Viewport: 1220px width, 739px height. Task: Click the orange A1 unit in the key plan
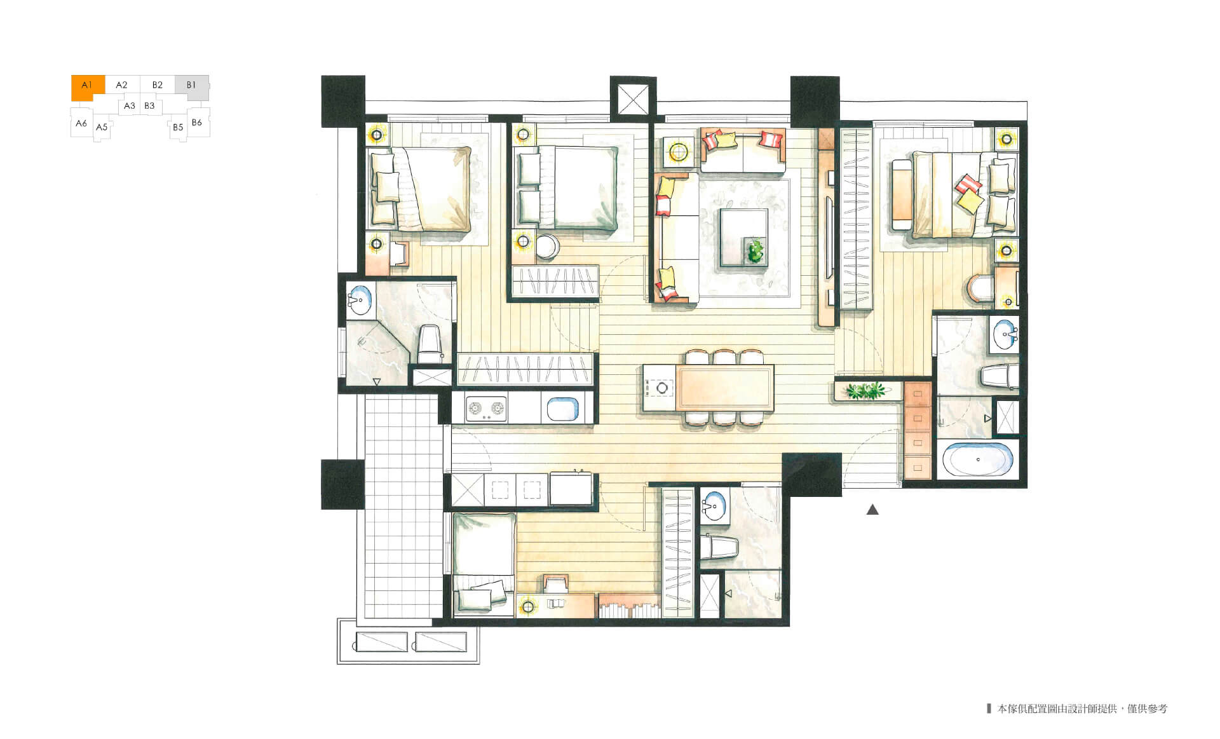87,87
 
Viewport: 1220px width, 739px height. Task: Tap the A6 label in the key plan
81,123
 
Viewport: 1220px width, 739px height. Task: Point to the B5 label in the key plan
178,127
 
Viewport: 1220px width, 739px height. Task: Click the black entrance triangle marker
872,509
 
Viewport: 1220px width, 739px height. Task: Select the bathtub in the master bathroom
978,459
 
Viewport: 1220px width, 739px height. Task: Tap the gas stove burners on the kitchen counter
486,409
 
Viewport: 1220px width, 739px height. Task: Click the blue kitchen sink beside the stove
563,409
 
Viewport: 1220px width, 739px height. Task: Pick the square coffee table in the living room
743,238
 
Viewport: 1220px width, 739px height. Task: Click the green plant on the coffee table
756,250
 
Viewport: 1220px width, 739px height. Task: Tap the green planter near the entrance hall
865,390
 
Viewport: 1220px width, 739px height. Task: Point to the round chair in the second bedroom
547,247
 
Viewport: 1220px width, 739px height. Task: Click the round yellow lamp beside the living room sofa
678,152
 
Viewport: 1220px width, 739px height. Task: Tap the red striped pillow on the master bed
968,184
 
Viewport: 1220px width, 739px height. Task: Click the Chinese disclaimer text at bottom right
1082,708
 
